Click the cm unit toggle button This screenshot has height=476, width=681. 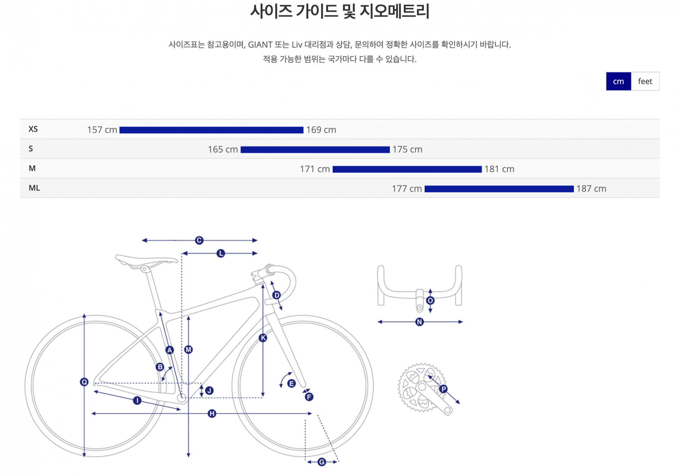point(618,81)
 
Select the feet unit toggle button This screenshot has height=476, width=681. point(645,81)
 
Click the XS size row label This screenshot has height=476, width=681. point(33,129)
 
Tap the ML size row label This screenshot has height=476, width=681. point(34,188)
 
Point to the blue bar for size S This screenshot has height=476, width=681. point(315,150)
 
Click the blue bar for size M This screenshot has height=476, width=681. point(407,169)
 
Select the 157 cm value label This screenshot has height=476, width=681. point(102,130)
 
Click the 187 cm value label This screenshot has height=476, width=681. point(591,189)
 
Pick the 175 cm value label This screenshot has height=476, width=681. point(407,149)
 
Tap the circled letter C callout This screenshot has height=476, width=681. point(199,240)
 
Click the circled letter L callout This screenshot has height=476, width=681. point(221,253)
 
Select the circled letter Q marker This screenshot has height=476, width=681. point(84,382)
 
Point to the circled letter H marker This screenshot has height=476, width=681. point(212,413)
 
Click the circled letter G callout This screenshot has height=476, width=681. point(322,462)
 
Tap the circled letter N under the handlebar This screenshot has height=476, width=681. point(420,322)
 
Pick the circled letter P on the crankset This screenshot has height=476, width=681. point(443,389)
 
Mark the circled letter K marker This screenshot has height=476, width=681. point(263,338)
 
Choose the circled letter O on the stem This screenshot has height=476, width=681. point(430,301)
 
